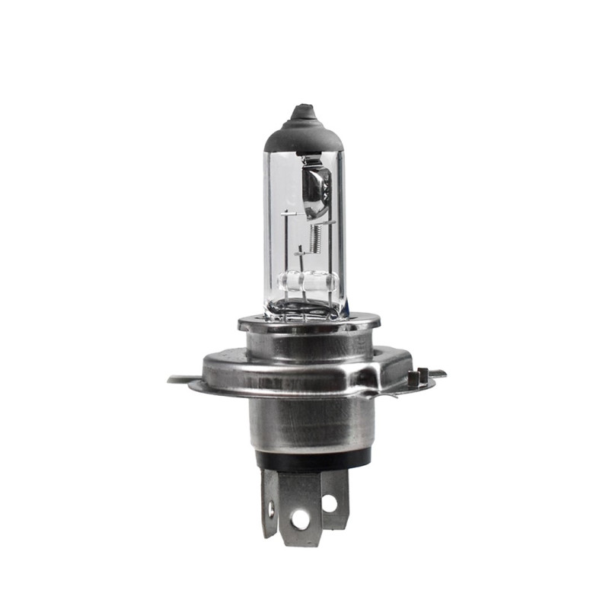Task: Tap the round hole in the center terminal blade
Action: tap(301, 520)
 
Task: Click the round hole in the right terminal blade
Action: tap(329, 503)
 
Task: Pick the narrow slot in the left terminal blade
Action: tap(271, 509)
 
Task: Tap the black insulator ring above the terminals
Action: tap(312, 458)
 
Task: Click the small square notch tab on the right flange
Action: tap(416, 376)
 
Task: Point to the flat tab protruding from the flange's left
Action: tap(180, 378)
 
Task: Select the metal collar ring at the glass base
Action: tap(308, 325)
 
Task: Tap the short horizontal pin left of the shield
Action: tap(288, 215)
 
